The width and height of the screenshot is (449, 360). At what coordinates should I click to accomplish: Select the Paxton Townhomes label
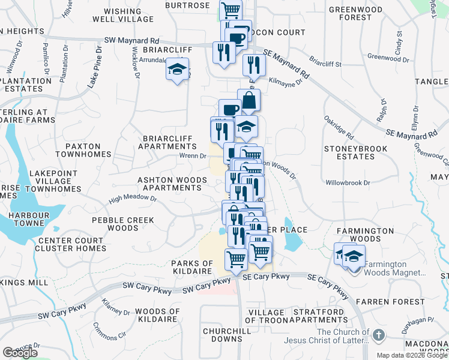[83, 150]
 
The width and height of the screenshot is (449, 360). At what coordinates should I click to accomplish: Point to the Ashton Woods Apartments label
[169, 184]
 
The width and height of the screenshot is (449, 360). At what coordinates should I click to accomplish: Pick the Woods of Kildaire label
[158, 315]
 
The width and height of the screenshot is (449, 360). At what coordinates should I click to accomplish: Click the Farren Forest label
[398, 301]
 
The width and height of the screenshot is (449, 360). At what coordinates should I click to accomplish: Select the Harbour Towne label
[22, 223]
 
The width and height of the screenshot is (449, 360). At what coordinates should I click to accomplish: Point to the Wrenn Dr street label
[193, 156]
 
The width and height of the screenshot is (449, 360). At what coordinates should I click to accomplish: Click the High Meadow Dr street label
[133, 199]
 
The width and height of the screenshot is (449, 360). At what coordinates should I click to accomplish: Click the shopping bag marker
[248, 100]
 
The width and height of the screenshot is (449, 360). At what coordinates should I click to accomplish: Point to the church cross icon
[379, 335]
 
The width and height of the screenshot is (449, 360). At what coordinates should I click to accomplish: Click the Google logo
[20, 353]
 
